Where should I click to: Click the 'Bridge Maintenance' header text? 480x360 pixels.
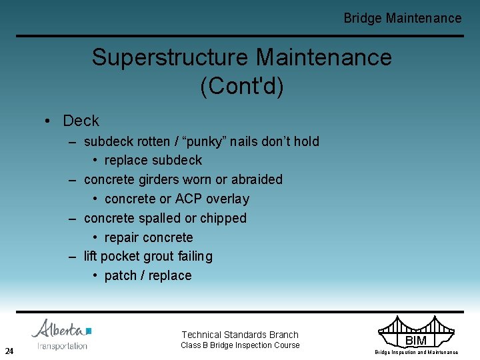coord(402,18)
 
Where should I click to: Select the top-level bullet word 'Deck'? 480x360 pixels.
coord(81,121)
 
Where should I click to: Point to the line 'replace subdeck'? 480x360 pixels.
coord(153,161)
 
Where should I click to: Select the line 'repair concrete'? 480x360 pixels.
coord(148,237)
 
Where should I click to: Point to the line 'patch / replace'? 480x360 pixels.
coord(147,275)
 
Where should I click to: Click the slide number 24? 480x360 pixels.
coord(9,351)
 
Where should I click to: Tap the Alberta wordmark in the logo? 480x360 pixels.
coord(59,329)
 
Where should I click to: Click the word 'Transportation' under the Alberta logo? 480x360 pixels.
coord(62,346)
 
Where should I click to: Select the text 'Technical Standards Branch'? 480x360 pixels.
coord(240,335)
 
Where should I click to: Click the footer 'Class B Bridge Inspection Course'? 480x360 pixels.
coord(240,345)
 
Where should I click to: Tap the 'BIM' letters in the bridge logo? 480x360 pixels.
coord(416,341)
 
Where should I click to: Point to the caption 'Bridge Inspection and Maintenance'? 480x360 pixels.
coord(416,352)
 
